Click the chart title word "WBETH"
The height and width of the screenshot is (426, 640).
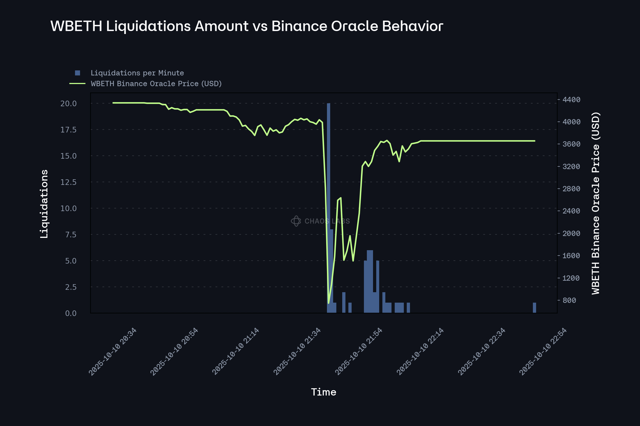tap(76, 26)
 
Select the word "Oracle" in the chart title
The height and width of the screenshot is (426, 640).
tap(354, 26)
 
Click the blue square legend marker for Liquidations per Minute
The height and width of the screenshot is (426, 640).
tap(77, 73)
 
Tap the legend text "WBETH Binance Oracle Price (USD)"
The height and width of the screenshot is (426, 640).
tap(156, 84)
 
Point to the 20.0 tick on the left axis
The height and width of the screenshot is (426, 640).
tap(69, 104)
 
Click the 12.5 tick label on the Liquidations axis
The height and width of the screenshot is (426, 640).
tap(69, 182)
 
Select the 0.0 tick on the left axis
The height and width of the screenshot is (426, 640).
tap(71, 314)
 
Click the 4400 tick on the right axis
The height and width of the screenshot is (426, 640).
tap(571, 100)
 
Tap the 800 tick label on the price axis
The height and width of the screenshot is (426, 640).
tap(569, 301)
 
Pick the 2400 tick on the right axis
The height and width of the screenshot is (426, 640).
tap(571, 211)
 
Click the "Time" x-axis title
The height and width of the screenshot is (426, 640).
tap(323, 392)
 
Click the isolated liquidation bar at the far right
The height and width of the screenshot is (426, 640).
tap(534, 308)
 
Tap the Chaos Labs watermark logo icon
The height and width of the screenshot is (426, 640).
tap(296, 221)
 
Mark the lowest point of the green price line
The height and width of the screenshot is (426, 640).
tap(328, 303)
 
